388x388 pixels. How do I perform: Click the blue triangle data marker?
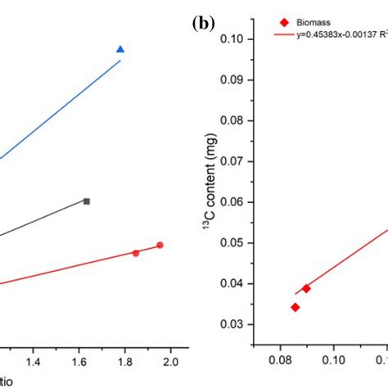120,50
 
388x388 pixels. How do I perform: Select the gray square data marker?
86,201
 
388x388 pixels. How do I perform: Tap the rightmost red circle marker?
160,245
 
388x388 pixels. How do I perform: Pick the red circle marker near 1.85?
136,253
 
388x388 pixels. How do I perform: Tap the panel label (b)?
204,24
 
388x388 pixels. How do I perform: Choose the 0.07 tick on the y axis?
232,161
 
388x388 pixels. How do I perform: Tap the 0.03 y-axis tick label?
232,325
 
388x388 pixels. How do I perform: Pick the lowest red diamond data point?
295,307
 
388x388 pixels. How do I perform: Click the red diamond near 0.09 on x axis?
306,288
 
